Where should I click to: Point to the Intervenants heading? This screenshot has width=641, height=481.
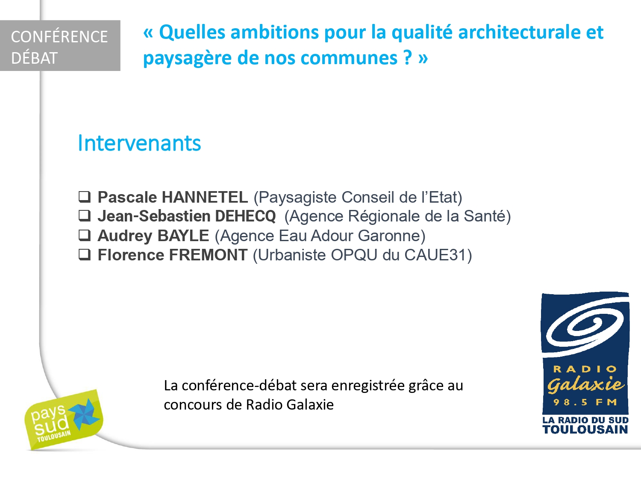pyautogui.click(x=140, y=143)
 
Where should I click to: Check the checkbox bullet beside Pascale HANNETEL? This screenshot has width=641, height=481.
pyautogui.click(x=85, y=197)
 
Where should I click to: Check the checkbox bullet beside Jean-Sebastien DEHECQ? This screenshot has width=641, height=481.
pyautogui.click(x=85, y=215)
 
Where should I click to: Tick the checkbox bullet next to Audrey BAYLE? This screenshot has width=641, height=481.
pyautogui.click(x=85, y=235)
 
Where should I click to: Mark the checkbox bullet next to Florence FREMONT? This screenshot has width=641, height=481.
pyautogui.click(x=85, y=254)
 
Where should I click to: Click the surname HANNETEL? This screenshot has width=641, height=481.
pyautogui.click(x=205, y=197)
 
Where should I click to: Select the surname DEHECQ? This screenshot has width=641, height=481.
pyautogui.click(x=245, y=216)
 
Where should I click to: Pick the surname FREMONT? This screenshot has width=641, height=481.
pyautogui.click(x=209, y=255)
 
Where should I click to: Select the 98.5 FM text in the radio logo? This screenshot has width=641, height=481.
pyautogui.click(x=585, y=402)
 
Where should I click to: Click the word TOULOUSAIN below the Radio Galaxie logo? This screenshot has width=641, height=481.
pyautogui.click(x=585, y=430)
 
